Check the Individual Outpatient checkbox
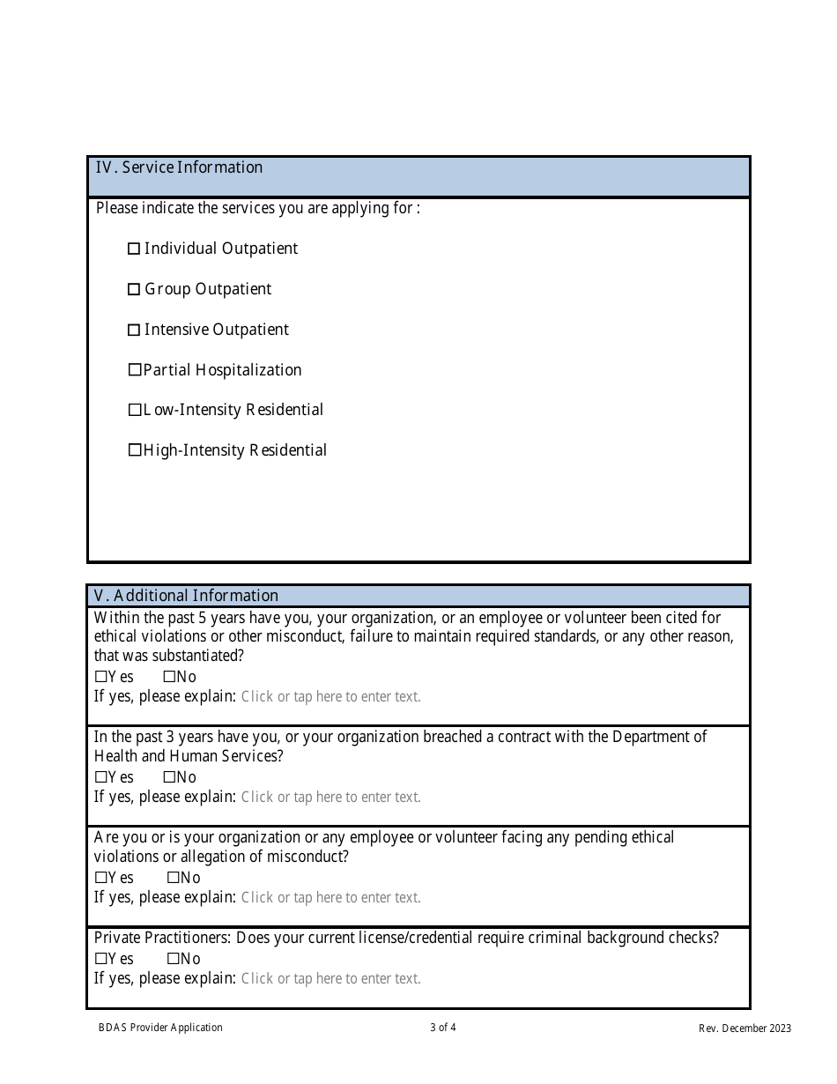pyautogui.click(x=134, y=249)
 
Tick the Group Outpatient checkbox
pyautogui.click(x=134, y=290)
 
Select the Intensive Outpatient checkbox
pyautogui.click(x=134, y=330)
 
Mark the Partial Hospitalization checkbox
pyautogui.click(x=135, y=370)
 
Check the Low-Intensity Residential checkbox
pyautogui.click(x=135, y=410)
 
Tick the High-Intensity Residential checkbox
pyautogui.click(x=135, y=450)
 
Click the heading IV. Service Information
pyautogui.click(x=179, y=167)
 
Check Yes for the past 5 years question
pyautogui.click(x=100, y=677)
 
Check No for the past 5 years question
pyautogui.click(x=169, y=677)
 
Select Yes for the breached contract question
pyautogui.click(x=100, y=777)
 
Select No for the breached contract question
pyautogui.click(x=169, y=777)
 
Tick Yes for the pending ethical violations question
pyautogui.click(x=100, y=878)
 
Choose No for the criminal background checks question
pyautogui.click(x=173, y=959)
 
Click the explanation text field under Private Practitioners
pyautogui.click(x=330, y=978)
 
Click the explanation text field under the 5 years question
pyautogui.click(x=330, y=696)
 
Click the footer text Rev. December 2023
pyautogui.click(x=744, y=1028)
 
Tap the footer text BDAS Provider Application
pyautogui.click(x=160, y=1028)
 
